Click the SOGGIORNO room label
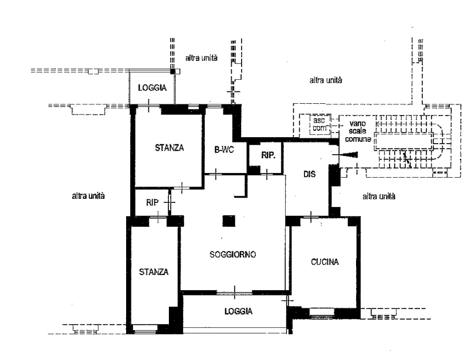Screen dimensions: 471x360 point(233,254)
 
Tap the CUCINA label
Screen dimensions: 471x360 point(325,262)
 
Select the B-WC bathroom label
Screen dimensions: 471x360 point(224,150)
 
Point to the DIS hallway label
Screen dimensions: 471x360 point(309,174)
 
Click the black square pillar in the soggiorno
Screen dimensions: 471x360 point(229,221)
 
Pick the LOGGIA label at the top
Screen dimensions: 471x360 point(153,88)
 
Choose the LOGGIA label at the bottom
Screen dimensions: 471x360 point(239,311)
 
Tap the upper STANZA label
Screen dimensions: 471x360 point(170,148)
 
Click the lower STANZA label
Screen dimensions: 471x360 point(154,272)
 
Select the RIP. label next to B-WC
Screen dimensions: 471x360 point(268,155)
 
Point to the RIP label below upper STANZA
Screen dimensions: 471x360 point(152,203)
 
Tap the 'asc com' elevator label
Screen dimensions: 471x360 point(319,124)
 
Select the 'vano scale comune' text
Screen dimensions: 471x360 point(358,131)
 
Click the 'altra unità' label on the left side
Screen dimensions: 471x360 point(89,196)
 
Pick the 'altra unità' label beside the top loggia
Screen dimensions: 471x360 point(201,57)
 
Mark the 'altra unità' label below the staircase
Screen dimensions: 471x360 point(379,196)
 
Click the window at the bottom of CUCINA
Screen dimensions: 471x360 point(321,313)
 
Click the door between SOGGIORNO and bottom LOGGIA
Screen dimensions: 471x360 point(234,293)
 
